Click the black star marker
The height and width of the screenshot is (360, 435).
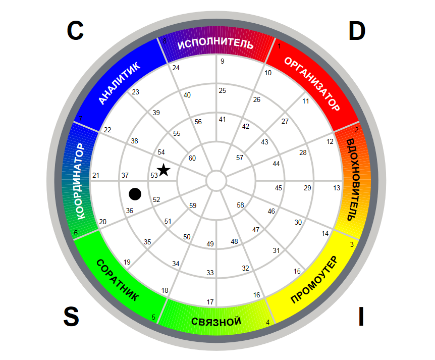pyautogui.click(x=164, y=170)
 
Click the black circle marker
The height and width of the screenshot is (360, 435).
pyautogui.click(x=135, y=194)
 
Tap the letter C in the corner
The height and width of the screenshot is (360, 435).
pyautogui.click(x=75, y=30)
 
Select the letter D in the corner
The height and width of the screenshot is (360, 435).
pyautogui.click(x=357, y=31)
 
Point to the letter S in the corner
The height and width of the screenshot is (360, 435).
pyautogui.click(x=71, y=317)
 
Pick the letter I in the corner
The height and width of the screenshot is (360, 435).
pyautogui.click(x=361, y=317)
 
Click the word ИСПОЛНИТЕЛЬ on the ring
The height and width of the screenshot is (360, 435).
pyautogui.click(x=215, y=43)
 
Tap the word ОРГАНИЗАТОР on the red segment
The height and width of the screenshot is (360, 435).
pyautogui.click(x=312, y=84)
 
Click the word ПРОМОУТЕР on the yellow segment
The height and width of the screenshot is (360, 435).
pyautogui.click(x=314, y=280)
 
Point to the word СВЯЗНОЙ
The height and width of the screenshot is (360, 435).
pyautogui.click(x=216, y=322)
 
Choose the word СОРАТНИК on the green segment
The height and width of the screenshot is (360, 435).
pyautogui.click(x=118, y=280)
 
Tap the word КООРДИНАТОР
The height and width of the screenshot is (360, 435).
pyautogui.click(x=79, y=181)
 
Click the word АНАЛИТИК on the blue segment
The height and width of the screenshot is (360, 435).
pyautogui.click(x=119, y=83)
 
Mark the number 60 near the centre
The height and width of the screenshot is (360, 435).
pyautogui.click(x=192, y=158)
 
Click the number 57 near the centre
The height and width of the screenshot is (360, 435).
pyautogui.click(x=240, y=158)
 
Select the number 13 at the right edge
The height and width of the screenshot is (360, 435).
pyautogui.click(x=337, y=188)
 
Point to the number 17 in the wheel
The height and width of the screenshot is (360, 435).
pyautogui.click(x=210, y=302)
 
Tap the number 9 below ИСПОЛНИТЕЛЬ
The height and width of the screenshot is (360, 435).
pyautogui.click(x=222, y=61)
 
